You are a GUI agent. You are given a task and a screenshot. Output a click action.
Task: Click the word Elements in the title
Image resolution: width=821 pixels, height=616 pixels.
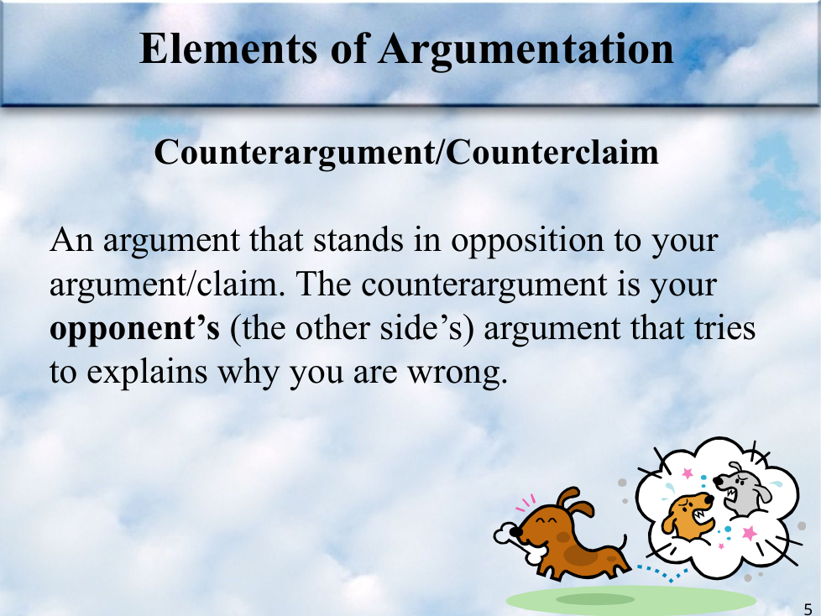[x=228, y=48]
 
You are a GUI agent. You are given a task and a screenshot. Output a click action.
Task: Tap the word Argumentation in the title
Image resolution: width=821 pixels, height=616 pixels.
[x=526, y=50]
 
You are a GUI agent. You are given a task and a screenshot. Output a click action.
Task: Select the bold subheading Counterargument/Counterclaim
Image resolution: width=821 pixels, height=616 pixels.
[x=406, y=153]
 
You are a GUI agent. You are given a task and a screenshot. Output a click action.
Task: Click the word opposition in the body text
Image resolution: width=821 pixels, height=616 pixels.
[x=527, y=242]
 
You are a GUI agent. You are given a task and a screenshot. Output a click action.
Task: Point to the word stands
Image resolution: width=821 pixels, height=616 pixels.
[x=358, y=240]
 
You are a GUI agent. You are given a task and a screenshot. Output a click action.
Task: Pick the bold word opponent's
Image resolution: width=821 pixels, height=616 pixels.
[x=134, y=330]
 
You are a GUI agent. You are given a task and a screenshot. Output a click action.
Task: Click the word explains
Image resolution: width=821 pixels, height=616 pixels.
[x=147, y=373]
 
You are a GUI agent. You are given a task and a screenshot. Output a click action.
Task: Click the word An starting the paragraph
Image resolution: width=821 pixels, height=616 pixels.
[x=71, y=240]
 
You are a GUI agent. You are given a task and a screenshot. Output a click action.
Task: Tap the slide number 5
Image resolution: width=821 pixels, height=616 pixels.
[x=808, y=608]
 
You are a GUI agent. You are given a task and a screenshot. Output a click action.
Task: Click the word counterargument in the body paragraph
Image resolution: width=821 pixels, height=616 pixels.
[x=484, y=285]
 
